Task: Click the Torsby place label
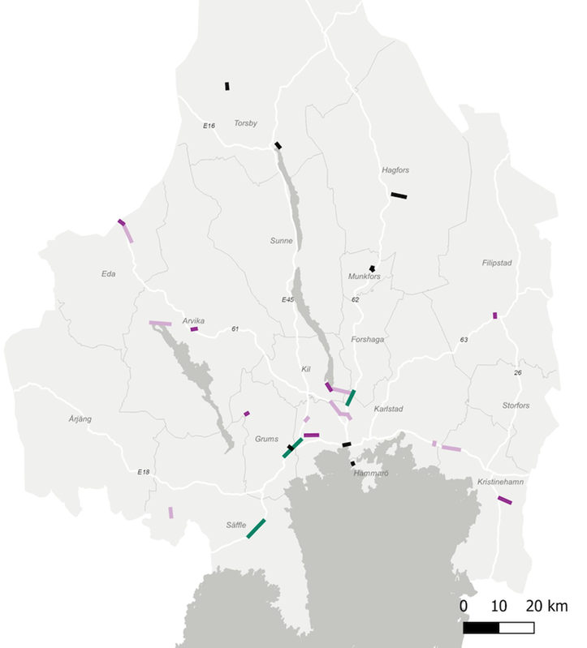click(245, 123)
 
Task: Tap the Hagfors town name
click(395, 170)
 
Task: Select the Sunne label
click(282, 241)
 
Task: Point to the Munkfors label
click(365, 277)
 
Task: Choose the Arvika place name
click(194, 320)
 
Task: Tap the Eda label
click(108, 273)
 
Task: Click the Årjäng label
click(80, 419)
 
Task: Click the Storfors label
click(516, 405)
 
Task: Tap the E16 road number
click(209, 126)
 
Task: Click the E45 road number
click(287, 300)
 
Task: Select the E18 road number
click(144, 472)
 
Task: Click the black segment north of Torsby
click(227, 86)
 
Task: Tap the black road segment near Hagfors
click(399, 195)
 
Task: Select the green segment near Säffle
click(257, 527)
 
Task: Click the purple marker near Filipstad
click(494, 315)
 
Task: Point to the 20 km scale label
click(546, 606)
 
